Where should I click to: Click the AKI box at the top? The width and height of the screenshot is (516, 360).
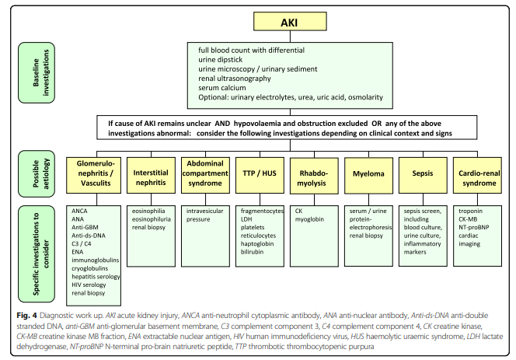pyautogui.click(x=290, y=22)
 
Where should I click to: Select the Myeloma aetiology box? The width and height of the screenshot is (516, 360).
pyautogui.click(x=368, y=175)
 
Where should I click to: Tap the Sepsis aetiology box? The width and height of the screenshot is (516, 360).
pyautogui.click(x=423, y=175)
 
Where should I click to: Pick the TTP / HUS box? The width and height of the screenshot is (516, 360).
pyautogui.click(x=260, y=175)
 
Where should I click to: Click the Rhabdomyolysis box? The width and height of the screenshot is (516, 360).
pyautogui.click(x=314, y=176)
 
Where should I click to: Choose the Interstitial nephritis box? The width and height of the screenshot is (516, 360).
pyautogui.click(x=151, y=175)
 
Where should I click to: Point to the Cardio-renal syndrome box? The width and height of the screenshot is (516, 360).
pyautogui.click(x=477, y=175)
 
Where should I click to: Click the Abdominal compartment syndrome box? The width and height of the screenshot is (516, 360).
pyautogui.click(x=205, y=175)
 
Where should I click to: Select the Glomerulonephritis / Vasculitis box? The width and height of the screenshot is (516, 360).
pyautogui.click(x=96, y=175)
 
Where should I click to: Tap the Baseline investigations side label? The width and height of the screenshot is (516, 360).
pyautogui.click(x=37, y=72)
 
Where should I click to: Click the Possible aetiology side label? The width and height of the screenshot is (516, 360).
pyautogui.click(x=37, y=174)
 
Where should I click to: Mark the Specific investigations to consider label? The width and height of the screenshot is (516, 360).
pyautogui.click(x=37, y=254)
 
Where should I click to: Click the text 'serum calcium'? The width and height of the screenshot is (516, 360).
pyautogui.click(x=221, y=88)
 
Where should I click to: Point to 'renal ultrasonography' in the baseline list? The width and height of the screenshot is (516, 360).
pyautogui.click(x=235, y=79)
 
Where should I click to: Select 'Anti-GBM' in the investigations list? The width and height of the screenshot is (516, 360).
pyautogui.click(x=85, y=227)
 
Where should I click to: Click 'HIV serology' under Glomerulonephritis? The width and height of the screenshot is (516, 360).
pyautogui.click(x=89, y=285)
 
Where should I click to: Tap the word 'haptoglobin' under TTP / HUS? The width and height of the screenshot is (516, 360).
pyautogui.click(x=257, y=243)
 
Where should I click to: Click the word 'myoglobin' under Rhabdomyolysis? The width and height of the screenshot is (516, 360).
pyautogui.click(x=309, y=219)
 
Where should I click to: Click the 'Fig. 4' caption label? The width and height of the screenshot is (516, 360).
pyautogui.click(x=26, y=316)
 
